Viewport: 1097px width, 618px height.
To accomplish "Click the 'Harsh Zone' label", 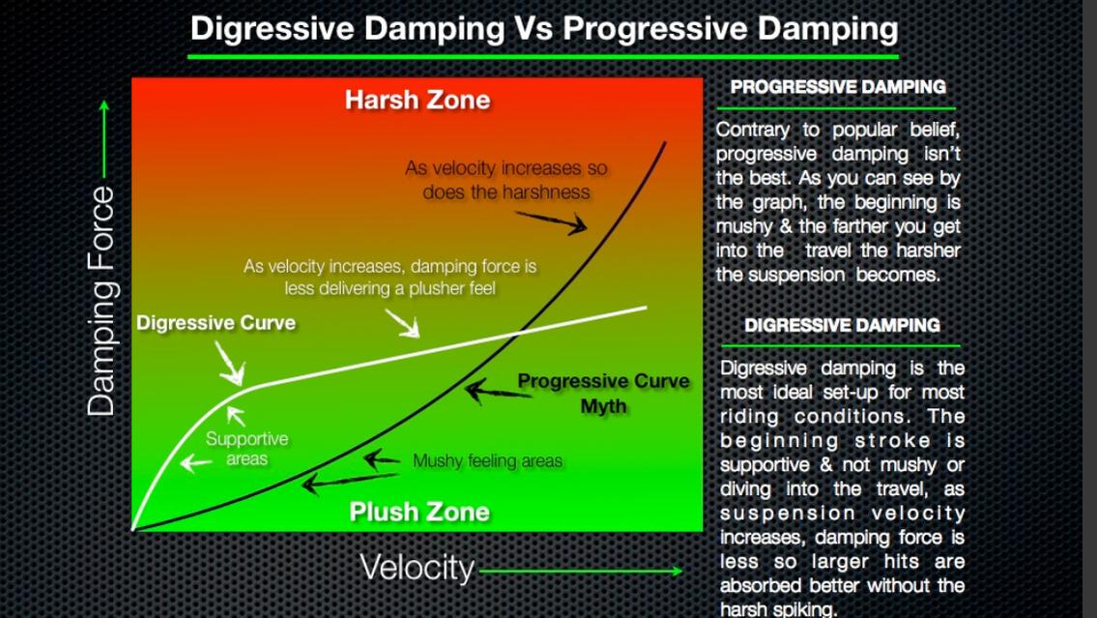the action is [x=418, y=100].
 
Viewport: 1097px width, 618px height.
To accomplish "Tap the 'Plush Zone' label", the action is [x=419, y=512].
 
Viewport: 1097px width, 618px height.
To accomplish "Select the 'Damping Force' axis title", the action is [x=101, y=301].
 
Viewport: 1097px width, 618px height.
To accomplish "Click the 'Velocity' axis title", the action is [x=418, y=567].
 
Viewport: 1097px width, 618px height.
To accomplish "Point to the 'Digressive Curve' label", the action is [x=217, y=323].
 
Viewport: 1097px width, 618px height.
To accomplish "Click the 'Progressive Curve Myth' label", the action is [x=603, y=393].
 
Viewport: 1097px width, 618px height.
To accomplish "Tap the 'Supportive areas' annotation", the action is [x=247, y=449].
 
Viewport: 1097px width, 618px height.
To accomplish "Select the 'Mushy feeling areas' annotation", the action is [x=488, y=460].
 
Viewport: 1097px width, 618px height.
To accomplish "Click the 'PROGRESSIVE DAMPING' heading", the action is [x=838, y=87].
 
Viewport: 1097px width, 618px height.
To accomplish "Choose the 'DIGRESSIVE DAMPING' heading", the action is [x=843, y=326].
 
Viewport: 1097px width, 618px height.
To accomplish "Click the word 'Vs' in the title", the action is [x=534, y=29].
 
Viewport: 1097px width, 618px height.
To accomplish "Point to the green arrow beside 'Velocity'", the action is [x=581, y=572].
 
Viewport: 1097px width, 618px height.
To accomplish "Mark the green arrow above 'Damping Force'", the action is [x=104, y=138].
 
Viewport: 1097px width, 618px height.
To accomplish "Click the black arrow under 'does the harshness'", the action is [x=551, y=221].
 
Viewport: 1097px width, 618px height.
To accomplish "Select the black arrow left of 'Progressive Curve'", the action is [x=498, y=392].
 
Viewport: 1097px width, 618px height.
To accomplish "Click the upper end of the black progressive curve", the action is [x=665, y=143].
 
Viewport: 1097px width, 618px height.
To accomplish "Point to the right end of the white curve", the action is [x=646, y=307].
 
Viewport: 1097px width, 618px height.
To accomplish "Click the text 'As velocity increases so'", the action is [x=505, y=168].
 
